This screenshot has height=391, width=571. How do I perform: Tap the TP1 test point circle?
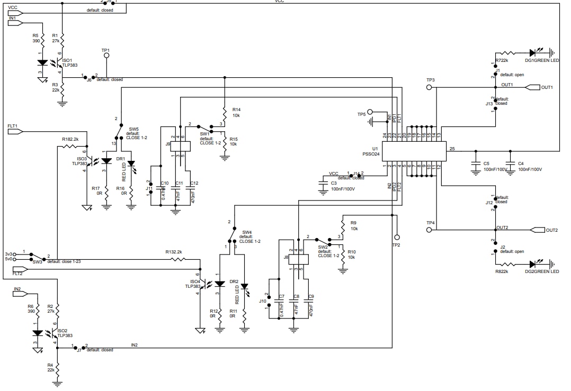tap(106, 54)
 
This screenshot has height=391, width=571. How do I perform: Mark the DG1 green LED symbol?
tap(533, 53)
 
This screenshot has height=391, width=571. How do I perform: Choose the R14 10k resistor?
tap(225, 113)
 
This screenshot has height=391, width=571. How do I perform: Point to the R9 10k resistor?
tap(343, 225)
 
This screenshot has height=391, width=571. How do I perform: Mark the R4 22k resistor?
tap(58, 368)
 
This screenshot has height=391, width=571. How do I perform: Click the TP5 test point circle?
tap(370, 113)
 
